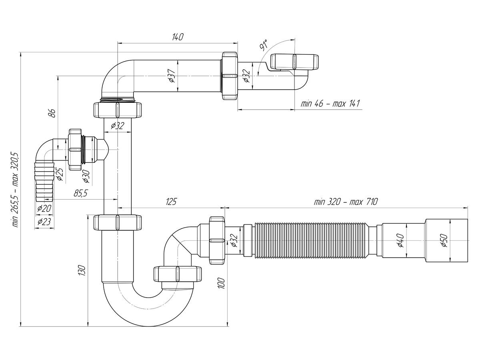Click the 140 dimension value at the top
tap(177, 37)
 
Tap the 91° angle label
tap(264, 45)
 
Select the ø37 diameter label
tap(172, 76)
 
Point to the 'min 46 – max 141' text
tap(330, 103)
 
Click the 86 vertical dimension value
tap(52, 113)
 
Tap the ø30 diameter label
tap(86, 176)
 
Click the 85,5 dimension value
tap(80, 193)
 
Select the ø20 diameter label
tap(44, 208)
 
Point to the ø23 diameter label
tap(44, 222)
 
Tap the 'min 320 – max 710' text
tap(346, 202)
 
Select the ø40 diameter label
tap(400, 240)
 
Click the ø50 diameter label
tap(444, 240)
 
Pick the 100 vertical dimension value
tap(221, 284)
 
